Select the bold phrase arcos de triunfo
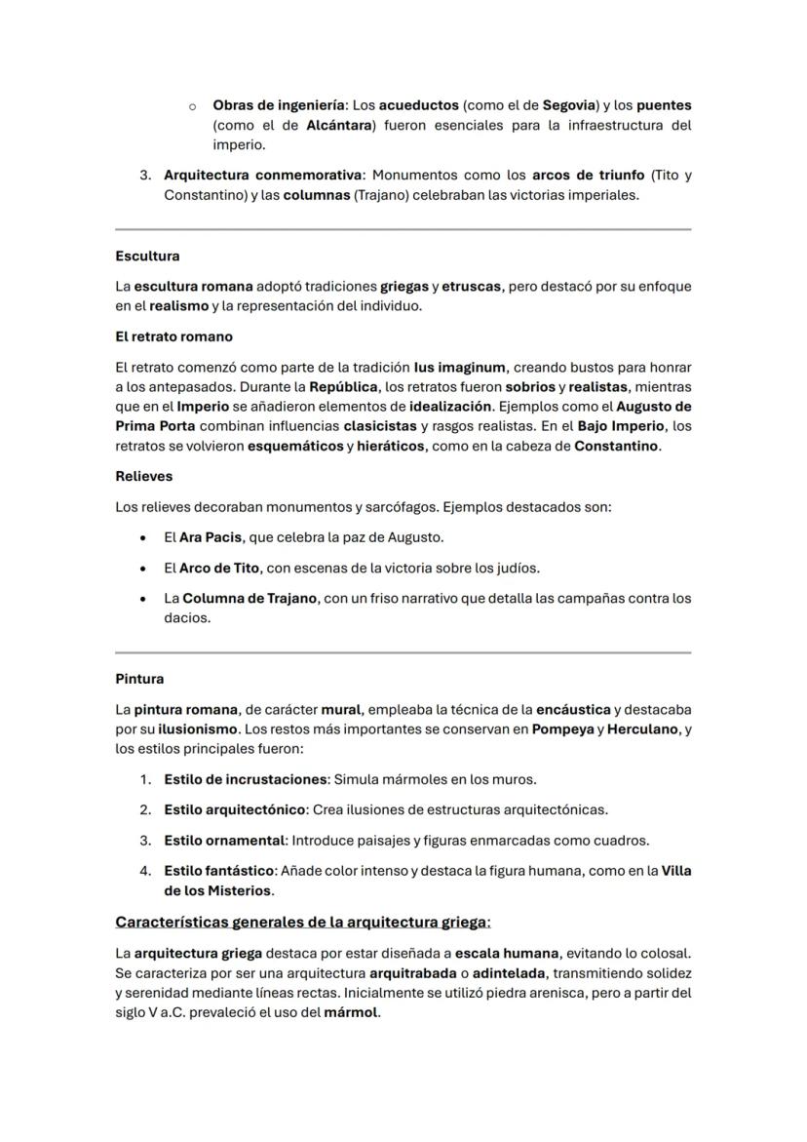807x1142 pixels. (x=588, y=176)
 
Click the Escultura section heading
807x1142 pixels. (x=147, y=256)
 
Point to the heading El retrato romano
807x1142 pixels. (x=173, y=336)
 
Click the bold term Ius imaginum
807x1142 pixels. (x=460, y=368)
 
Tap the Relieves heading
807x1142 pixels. (x=144, y=476)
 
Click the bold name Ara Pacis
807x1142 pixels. (x=211, y=537)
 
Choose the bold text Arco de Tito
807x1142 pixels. (x=219, y=568)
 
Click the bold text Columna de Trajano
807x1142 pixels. (x=250, y=598)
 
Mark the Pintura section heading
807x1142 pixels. (x=139, y=679)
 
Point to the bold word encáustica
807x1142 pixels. (x=573, y=709)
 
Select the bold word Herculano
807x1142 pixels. (x=643, y=729)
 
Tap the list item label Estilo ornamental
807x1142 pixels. (x=224, y=840)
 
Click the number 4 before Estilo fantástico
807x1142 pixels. (x=144, y=871)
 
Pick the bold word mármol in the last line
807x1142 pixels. (x=351, y=1012)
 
